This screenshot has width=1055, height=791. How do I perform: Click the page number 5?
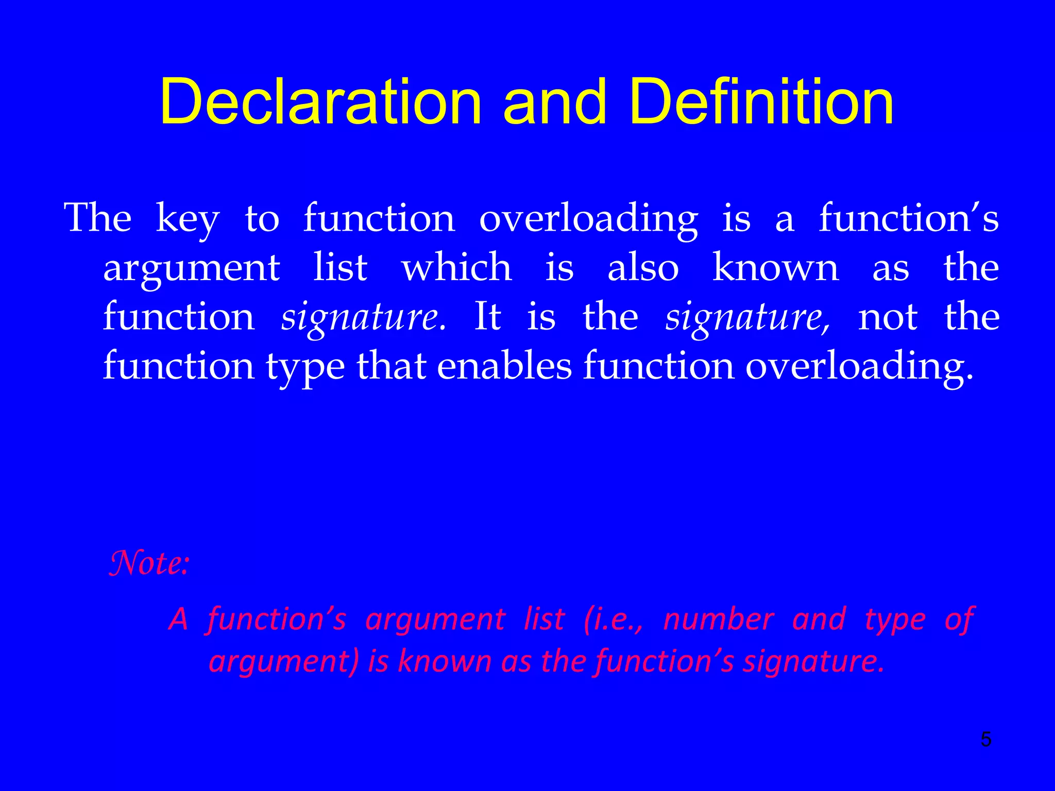(985, 740)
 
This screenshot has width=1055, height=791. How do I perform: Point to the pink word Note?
(149, 563)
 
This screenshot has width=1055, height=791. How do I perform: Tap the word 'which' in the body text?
(456, 267)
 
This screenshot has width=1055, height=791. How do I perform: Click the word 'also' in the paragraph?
(643, 267)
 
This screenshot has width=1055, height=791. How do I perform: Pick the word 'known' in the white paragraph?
(775, 267)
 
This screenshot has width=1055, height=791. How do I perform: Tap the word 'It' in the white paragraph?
(487, 316)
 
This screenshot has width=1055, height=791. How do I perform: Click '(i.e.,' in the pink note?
(614, 620)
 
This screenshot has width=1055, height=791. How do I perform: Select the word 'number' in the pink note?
(719, 619)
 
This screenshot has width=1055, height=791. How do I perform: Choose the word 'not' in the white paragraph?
(887, 317)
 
